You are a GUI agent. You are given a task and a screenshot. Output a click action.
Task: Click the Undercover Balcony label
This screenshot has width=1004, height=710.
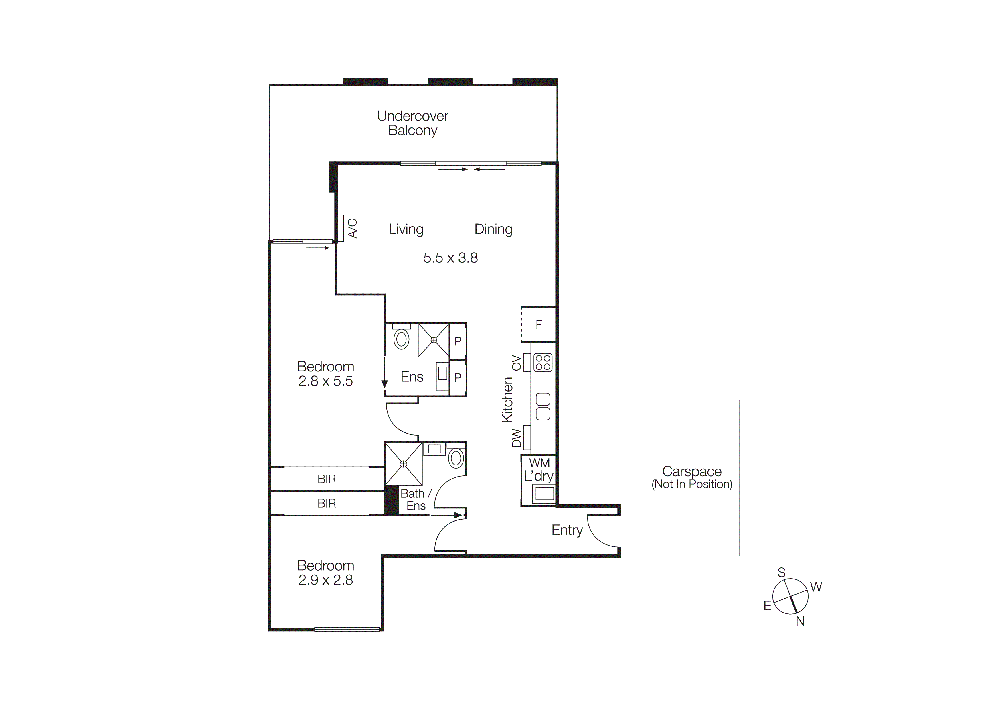tap(412, 123)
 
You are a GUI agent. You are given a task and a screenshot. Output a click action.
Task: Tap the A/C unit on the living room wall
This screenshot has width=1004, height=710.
tap(340, 228)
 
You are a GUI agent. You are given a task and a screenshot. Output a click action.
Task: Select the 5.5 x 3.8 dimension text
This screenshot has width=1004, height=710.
tap(450, 258)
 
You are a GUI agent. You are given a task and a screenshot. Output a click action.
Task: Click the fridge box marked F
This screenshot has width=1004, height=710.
tap(539, 324)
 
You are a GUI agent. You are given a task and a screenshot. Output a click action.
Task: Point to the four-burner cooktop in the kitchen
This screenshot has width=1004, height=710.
tap(543, 362)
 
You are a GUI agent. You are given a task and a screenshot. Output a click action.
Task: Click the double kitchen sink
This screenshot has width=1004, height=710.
tap(543, 406)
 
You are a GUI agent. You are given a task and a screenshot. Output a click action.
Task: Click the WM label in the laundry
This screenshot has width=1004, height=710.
tap(539, 462)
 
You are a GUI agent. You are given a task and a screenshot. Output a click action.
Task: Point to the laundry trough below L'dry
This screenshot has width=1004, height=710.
tap(543, 494)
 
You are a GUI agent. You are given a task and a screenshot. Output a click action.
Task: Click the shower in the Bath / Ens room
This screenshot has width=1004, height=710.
tap(403, 464)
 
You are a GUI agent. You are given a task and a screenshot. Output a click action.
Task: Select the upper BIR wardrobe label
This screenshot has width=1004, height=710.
tap(327, 479)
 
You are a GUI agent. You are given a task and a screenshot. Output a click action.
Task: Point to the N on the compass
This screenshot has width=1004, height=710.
tap(800, 621)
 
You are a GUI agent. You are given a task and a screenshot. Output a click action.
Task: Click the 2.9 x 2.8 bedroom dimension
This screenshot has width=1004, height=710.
tap(325, 580)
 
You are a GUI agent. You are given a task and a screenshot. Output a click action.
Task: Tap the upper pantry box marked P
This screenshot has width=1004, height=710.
tap(458, 341)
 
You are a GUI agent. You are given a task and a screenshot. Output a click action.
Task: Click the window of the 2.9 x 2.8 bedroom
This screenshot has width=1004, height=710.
tap(347, 630)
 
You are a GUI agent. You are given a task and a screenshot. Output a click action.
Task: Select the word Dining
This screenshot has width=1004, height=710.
tap(493, 229)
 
